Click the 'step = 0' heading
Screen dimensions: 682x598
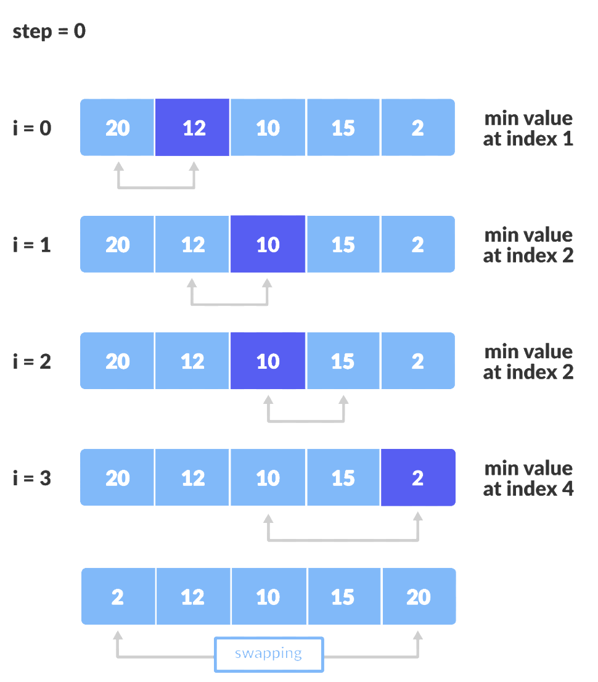tap(49, 31)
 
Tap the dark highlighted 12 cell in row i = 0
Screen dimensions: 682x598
tap(192, 128)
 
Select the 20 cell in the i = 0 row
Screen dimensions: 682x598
tap(117, 128)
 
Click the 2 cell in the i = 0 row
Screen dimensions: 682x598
tap(418, 128)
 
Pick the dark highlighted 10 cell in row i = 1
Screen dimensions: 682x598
tap(268, 245)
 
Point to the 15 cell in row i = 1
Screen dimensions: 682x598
tap(343, 245)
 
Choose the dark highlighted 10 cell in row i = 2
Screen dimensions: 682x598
tap(268, 361)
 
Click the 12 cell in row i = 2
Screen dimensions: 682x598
tap(192, 361)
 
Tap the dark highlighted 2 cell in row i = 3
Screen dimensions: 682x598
tap(418, 478)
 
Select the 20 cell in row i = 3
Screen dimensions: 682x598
tap(117, 478)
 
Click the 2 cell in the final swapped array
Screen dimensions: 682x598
tap(118, 596)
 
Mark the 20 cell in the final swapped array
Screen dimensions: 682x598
tap(419, 596)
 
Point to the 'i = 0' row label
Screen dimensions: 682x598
tap(32, 128)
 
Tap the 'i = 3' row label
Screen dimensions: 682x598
tap(32, 479)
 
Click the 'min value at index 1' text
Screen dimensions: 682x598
tap(528, 128)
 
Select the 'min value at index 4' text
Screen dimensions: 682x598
tap(528, 479)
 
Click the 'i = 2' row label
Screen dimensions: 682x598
tap(32, 362)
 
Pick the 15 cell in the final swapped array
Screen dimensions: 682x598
tap(343, 596)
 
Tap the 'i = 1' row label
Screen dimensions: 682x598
tap(32, 245)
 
